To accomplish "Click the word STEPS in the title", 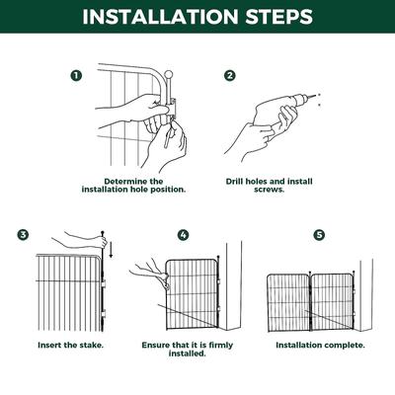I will [278, 18].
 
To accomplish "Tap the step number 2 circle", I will [229, 74].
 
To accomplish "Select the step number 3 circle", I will [23, 234].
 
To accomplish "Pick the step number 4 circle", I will [183, 234].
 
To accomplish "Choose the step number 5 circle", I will [318, 234].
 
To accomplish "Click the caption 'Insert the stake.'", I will [70, 346].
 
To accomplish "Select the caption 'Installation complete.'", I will [320, 346].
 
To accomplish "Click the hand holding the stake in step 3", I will [79, 237].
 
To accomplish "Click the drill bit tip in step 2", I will [317, 96].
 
